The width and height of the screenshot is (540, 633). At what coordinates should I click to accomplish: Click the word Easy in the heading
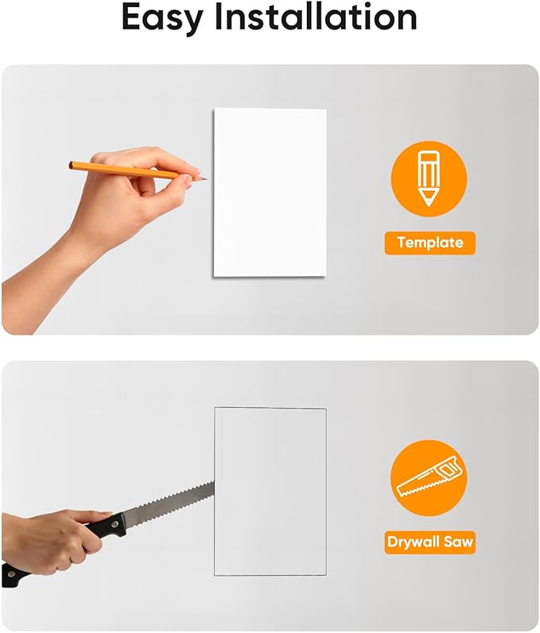coord(162,17)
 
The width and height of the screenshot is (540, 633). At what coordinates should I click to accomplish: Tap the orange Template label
coord(429,243)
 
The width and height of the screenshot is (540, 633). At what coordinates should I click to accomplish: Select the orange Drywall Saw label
coord(429,542)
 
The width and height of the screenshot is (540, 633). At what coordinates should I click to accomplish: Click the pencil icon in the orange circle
coord(429,178)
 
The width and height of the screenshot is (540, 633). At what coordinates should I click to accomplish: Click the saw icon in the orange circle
coord(429,477)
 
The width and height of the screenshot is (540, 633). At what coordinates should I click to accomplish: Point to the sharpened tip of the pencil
coord(207,179)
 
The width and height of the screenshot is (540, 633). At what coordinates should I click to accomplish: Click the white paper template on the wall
coord(270,192)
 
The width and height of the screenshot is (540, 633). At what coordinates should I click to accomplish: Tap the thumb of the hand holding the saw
coord(91,517)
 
